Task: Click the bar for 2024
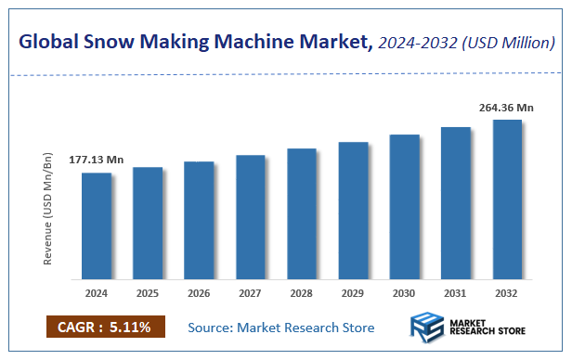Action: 97,225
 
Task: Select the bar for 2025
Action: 148,223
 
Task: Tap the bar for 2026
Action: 200,220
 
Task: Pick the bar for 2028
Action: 303,213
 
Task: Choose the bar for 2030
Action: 406,206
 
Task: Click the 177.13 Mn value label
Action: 97,160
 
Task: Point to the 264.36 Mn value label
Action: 506,108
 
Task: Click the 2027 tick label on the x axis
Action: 251,293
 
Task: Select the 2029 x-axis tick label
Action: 354,293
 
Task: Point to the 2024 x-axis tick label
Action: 97,293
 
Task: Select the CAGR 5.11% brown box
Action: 105,327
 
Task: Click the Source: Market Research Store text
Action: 280,328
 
